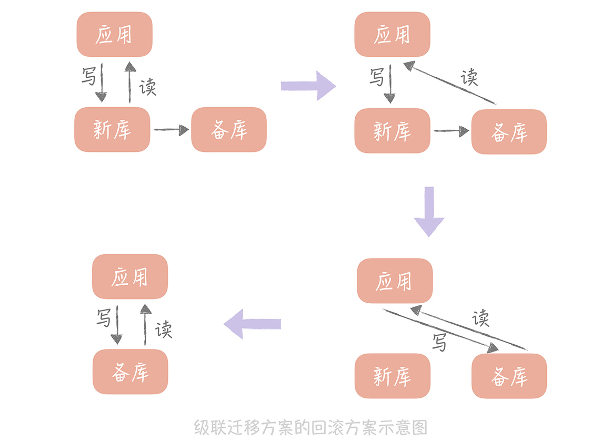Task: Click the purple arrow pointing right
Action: [308, 85]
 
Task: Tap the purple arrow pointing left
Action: [253, 324]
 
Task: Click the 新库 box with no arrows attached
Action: [392, 376]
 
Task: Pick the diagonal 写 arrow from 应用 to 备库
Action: [440, 331]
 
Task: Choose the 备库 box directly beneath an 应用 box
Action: [130, 372]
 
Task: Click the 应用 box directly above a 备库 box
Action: [130, 277]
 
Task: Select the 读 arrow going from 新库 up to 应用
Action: [129, 81]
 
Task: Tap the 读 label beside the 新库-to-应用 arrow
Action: [148, 87]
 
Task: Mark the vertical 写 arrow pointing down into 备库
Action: [117, 326]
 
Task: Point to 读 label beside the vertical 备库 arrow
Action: [164, 329]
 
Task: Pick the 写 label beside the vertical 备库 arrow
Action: [104, 317]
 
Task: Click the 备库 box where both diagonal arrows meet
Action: [509, 376]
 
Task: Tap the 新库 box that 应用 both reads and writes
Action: [112, 129]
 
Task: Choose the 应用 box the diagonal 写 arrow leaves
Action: [394, 281]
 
